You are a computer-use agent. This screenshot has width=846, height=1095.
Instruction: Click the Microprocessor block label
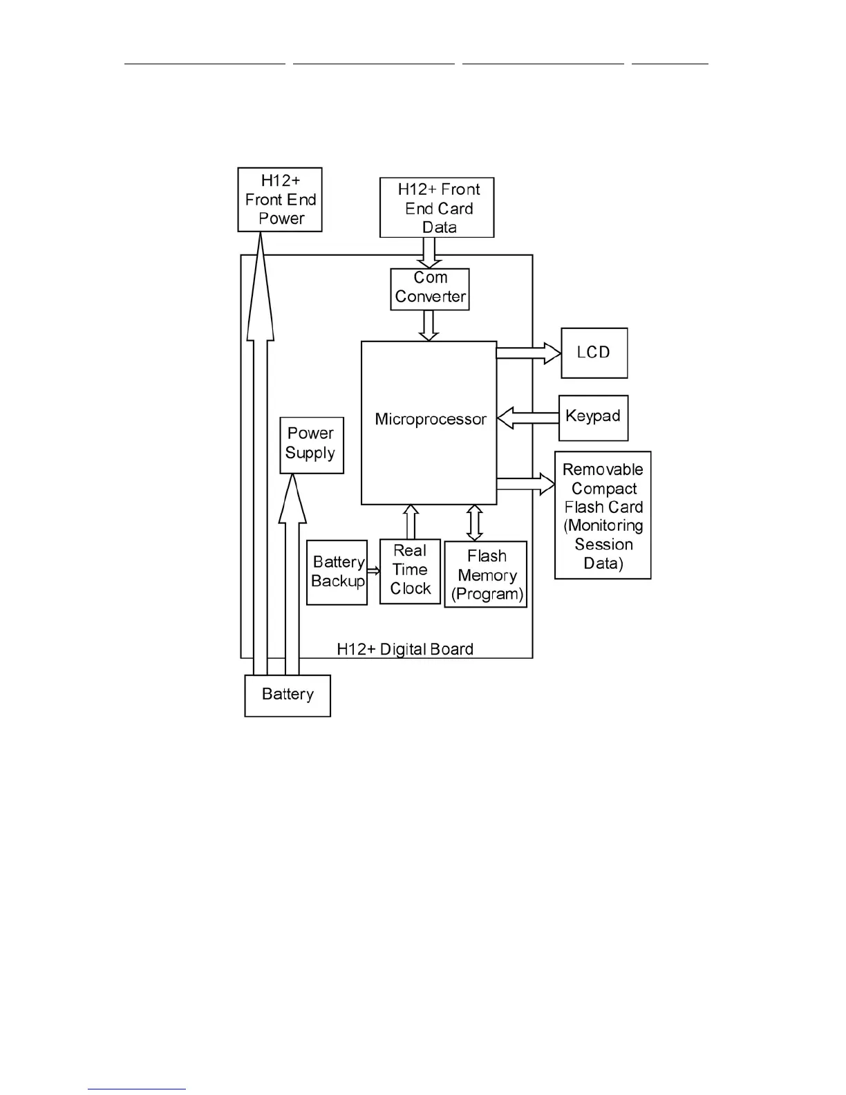pos(430,420)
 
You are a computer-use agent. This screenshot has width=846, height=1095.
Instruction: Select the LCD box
pos(594,353)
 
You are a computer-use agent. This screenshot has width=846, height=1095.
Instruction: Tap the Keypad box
pos(593,417)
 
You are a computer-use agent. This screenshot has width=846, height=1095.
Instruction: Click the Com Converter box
pos(430,288)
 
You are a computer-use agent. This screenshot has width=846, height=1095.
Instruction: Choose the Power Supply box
pos(311,444)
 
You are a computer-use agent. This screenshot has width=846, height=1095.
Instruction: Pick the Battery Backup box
pos(337,572)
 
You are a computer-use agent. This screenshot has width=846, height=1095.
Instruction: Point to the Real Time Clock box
pos(410,571)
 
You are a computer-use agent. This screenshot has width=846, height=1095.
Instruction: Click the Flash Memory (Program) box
pos(486,574)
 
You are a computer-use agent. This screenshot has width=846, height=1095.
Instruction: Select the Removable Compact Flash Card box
pos(603,515)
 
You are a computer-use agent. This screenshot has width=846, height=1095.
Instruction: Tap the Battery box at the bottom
pos(288,695)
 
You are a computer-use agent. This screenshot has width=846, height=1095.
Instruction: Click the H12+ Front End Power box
pos(280,200)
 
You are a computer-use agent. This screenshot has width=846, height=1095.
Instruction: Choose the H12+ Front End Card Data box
pos(437,208)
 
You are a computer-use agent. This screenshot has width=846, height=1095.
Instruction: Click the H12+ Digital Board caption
pos(405,649)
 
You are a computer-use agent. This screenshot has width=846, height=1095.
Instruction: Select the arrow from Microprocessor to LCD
pos(529,353)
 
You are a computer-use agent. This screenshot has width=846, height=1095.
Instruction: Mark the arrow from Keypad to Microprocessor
pos(528,418)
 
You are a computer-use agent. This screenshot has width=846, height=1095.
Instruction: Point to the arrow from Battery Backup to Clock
pos(373,571)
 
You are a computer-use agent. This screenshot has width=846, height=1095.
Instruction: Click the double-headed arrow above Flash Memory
pos(474,523)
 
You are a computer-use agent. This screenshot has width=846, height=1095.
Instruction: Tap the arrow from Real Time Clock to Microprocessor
pos(411,522)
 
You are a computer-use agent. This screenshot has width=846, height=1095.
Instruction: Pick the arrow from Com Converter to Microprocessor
pos(429,325)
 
